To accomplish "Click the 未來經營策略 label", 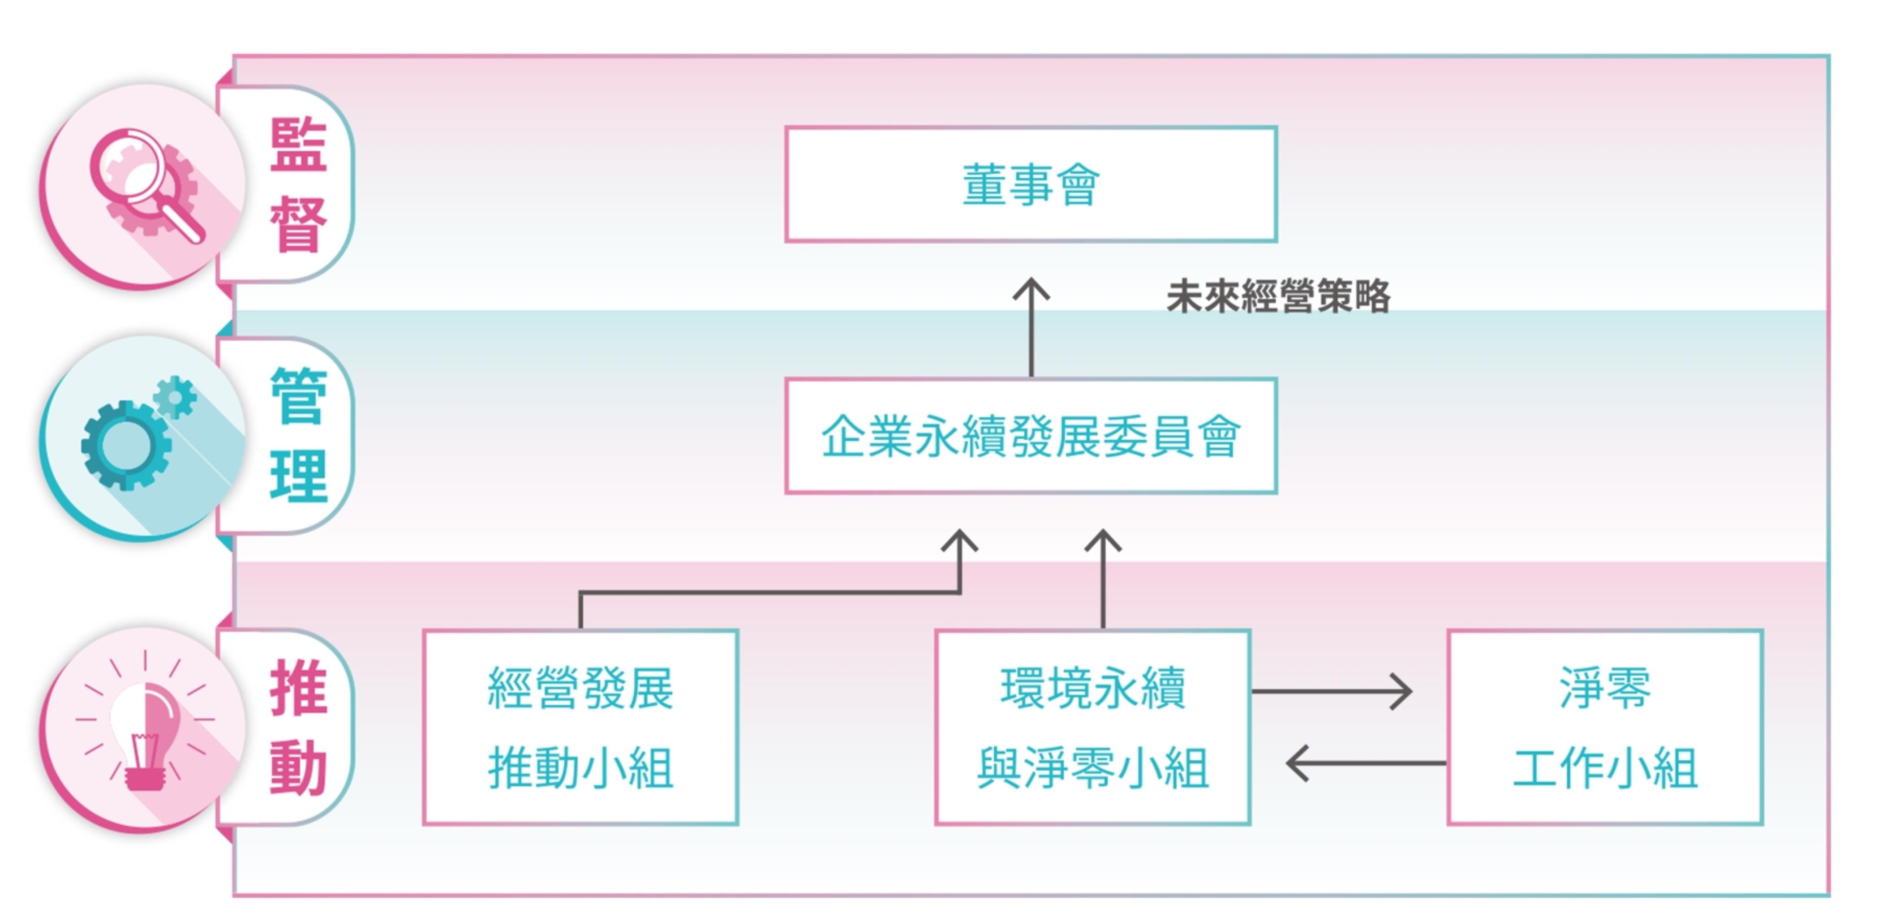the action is (x=1279, y=297).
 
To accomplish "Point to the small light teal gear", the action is (x=175, y=397).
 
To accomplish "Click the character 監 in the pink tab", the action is (x=298, y=145).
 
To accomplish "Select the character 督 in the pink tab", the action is (x=298, y=224).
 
